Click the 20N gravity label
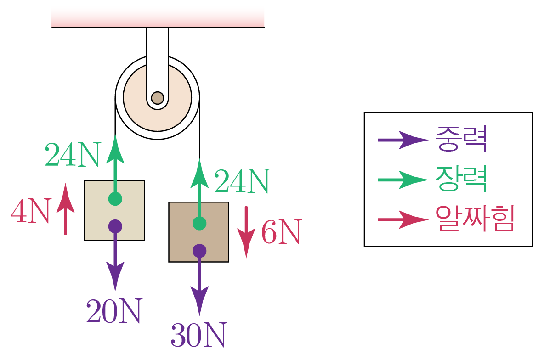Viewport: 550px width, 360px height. point(113,312)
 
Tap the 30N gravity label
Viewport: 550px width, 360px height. point(198,336)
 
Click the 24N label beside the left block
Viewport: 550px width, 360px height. point(72,155)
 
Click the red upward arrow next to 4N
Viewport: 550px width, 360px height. point(65,209)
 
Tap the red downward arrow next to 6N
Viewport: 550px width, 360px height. point(247,231)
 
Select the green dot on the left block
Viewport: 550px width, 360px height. point(115,199)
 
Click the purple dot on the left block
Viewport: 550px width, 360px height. point(115,226)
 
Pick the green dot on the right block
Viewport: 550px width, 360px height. point(199,223)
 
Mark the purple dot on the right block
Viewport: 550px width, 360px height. point(199,251)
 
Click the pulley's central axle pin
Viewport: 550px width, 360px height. point(157,98)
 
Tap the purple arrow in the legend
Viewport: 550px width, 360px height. point(402,140)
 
